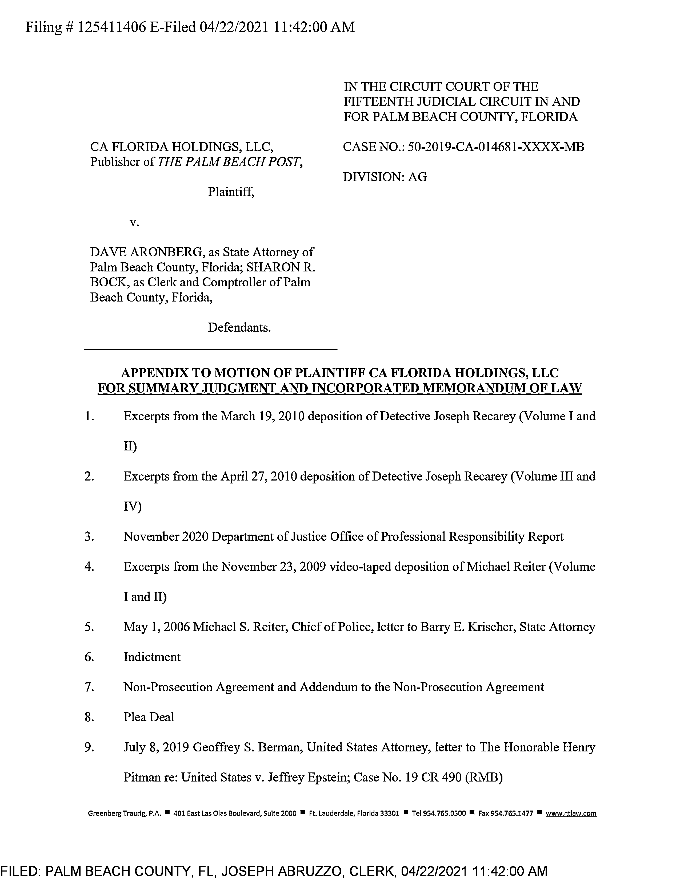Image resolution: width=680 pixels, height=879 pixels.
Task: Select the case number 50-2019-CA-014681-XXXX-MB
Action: tap(495, 147)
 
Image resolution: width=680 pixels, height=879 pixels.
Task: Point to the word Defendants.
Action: tap(239, 327)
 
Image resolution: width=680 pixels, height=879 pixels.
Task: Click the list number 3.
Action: tap(89, 536)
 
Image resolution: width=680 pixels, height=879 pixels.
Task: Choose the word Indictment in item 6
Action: tap(152, 657)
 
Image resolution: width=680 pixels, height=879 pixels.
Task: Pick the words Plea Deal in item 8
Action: tap(149, 717)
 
